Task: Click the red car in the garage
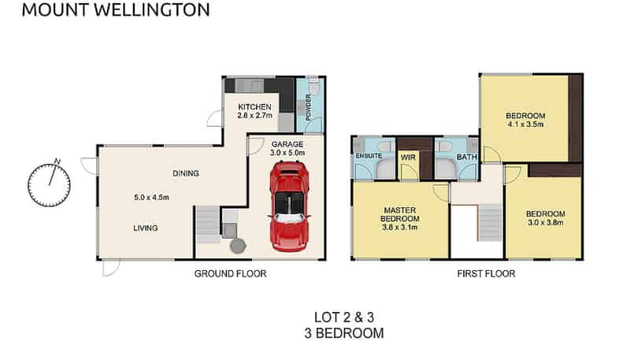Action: (x=288, y=206)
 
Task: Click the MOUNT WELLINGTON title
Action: (x=115, y=10)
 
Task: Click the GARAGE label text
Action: (x=287, y=144)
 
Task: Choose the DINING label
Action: (x=186, y=173)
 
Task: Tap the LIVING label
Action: (x=146, y=228)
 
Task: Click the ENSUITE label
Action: (x=369, y=157)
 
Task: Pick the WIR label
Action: (x=408, y=157)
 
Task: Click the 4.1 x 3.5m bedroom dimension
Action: (x=525, y=126)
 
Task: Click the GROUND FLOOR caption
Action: (x=230, y=274)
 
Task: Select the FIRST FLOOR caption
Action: (x=486, y=274)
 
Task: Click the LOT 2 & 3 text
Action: (x=344, y=317)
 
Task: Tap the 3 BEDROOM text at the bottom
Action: (x=344, y=333)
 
